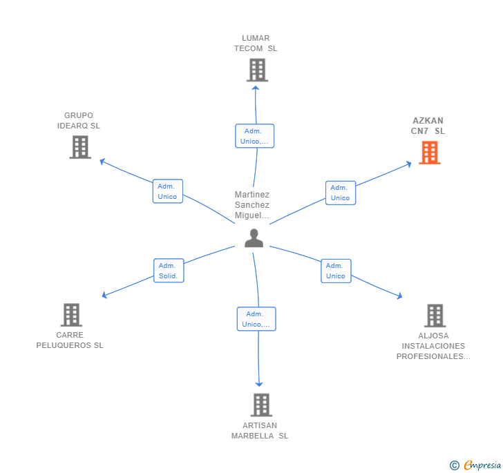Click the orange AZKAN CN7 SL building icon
click(430, 153)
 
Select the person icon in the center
click(254, 238)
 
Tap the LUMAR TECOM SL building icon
click(257, 70)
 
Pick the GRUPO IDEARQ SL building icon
click(80, 147)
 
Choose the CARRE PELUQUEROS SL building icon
click(72, 315)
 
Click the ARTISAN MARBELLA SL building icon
click(261, 405)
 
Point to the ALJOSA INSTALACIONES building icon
click(435, 316)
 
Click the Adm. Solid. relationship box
click(169, 271)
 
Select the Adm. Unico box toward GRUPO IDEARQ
click(168, 191)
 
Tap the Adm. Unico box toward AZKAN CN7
click(341, 193)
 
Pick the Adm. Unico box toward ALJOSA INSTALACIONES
click(336, 271)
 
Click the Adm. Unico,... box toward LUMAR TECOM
click(255, 136)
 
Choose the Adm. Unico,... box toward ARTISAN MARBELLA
click(256, 319)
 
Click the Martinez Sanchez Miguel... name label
click(252, 205)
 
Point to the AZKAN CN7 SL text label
click(428, 126)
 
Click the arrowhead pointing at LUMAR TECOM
click(256, 88)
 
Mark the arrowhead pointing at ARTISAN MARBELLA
click(259, 384)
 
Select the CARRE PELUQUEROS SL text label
click(70, 340)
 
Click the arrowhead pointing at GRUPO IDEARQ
click(102, 162)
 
